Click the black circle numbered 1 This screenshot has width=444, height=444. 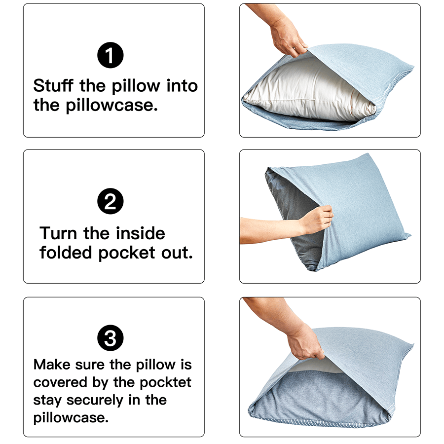[111, 56]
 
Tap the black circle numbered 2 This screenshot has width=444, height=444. [111, 202]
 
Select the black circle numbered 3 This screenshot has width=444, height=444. [111, 339]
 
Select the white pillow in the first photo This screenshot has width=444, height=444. [306, 89]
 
